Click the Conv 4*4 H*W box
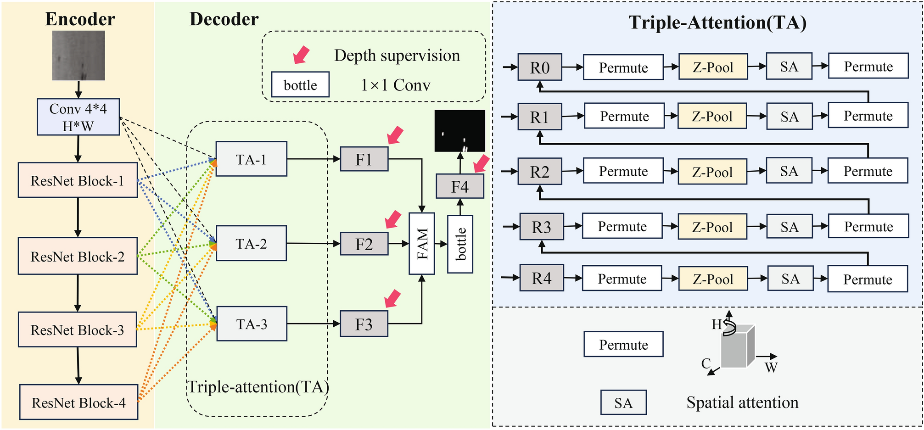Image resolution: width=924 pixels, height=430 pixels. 78,117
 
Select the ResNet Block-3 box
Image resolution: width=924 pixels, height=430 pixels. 77,329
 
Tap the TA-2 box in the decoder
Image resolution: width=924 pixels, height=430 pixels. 251,243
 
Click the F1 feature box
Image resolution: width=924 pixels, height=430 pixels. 364,159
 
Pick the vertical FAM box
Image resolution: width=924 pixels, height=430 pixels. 421,243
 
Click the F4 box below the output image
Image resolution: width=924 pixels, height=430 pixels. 459,186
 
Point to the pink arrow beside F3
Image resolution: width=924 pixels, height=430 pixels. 392,298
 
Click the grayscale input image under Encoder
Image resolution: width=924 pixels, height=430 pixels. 78,56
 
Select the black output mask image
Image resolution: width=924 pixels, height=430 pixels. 459,131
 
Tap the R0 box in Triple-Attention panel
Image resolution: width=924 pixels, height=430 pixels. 539,67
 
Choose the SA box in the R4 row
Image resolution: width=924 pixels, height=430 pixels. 790,279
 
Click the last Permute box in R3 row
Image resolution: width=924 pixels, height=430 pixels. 868,226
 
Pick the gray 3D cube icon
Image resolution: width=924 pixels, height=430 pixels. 737,347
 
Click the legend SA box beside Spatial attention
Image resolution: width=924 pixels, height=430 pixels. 623,402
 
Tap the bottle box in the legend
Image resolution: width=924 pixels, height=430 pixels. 300,84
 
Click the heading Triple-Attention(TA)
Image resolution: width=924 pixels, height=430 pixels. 717,22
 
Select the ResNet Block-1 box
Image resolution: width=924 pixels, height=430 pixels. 78,180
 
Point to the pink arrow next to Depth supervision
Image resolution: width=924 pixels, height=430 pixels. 301,54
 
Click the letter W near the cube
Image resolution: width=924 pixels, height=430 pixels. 771,368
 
